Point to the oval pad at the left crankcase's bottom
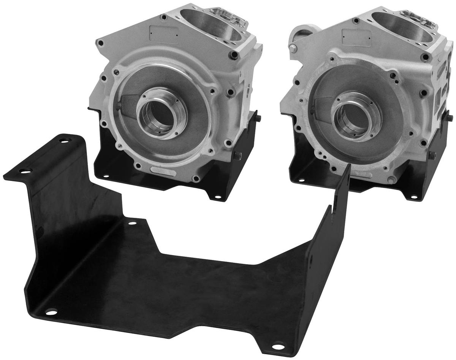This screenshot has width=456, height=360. pos(162,171)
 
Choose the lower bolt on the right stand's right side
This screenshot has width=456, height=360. pos(432,155)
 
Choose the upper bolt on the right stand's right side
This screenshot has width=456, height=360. pos(450,118)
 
